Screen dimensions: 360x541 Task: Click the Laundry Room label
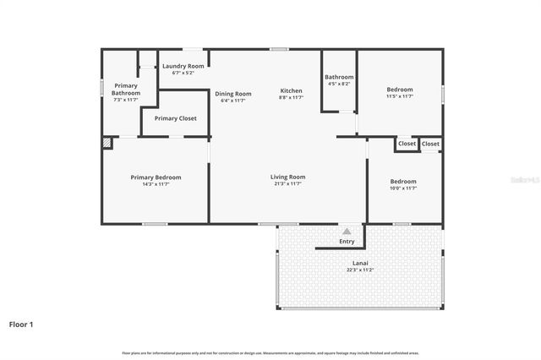183,66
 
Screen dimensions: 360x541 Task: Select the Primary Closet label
175,118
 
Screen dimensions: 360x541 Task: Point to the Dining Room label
232,94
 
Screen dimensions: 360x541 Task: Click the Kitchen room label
291,90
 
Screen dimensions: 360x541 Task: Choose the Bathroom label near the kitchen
338,78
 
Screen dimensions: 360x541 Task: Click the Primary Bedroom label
156,177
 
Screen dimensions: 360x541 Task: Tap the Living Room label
287,177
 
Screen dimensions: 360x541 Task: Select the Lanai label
360,264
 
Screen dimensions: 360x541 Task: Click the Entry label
347,242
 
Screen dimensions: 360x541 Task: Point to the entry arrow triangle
347,231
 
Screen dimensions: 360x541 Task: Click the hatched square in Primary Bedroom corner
107,144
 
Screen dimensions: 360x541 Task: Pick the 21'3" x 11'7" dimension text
287,184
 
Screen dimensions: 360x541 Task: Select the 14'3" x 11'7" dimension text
156,184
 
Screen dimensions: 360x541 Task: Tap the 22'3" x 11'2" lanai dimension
360,270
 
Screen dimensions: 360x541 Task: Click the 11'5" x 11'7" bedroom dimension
400,96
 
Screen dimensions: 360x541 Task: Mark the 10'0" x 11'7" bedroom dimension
403,188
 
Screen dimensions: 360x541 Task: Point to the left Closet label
407,144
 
